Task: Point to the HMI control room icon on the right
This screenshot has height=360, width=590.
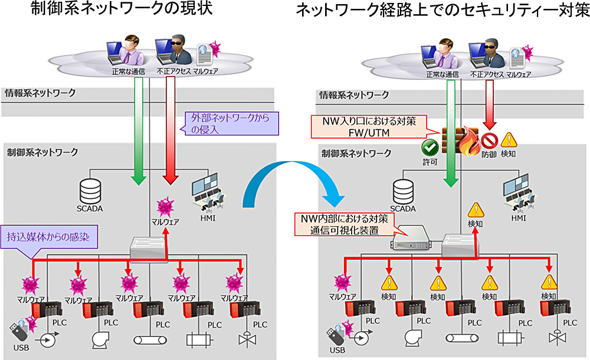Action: (x=518, y=191)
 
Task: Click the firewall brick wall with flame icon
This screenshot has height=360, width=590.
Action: (x=461, y=140)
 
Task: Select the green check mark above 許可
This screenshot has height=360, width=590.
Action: (x=428, y=146)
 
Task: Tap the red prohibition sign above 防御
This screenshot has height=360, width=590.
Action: (x=490, y=140)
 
